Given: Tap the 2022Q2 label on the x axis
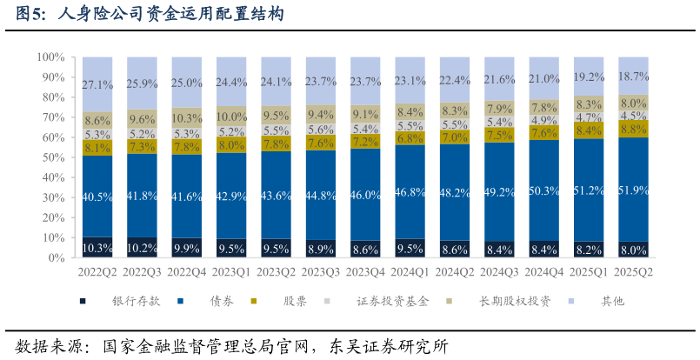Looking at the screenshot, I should point(97,272).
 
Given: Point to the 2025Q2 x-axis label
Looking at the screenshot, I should point(632,272).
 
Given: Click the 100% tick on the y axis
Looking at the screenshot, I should point(49,57).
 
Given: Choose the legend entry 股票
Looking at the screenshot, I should point(294,301).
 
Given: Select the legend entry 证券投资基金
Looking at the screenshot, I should point(391,301).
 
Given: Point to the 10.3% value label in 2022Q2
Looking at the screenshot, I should point(97,249).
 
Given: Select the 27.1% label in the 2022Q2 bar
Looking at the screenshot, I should point(97,85).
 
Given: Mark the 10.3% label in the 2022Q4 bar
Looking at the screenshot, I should point(186,117).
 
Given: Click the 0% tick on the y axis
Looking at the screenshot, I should point(54,258).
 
